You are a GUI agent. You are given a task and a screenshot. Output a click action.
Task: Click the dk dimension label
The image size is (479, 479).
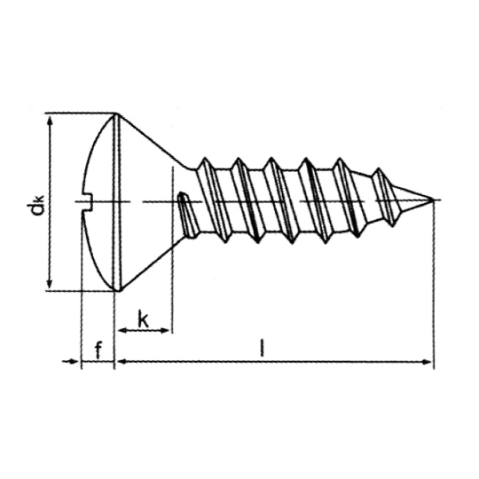pos(36,206)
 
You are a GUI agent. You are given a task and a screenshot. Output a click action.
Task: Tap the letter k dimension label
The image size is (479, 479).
pos(144,319)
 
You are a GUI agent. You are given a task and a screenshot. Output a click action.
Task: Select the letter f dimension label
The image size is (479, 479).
pos(98,350)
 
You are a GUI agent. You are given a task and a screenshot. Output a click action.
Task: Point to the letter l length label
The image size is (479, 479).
pos(262,348)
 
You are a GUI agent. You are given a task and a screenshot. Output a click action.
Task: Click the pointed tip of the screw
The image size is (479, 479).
pos(433,200)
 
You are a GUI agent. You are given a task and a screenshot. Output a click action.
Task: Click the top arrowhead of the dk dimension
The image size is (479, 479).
pos(51,122)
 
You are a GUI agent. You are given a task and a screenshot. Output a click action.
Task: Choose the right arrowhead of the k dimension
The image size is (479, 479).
pos(164,330)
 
